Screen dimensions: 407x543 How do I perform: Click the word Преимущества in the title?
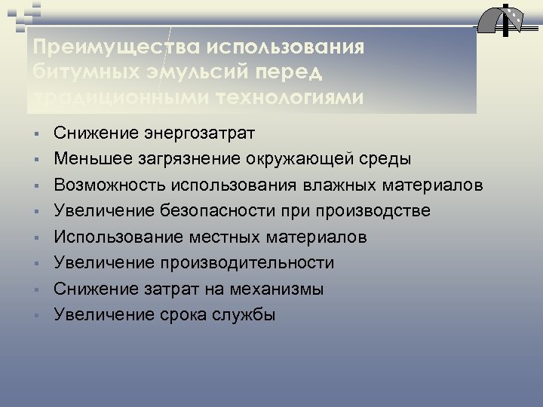coord(106,47)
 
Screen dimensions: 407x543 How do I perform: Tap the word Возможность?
coord(109,185)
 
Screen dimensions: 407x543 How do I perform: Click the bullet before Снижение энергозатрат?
coord(35,134)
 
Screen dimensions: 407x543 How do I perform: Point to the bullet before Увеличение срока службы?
coord(35,316)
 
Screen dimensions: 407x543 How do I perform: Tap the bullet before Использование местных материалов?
coord(35,238)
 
